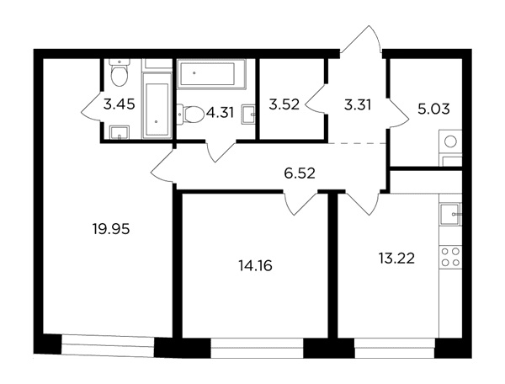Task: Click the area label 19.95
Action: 111,229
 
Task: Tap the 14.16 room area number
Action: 255,266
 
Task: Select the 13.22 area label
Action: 396,259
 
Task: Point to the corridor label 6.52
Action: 300,173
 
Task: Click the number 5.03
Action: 433,109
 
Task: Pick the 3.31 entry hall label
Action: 358,105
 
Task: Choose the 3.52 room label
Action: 284,104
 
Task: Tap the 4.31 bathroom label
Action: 221,113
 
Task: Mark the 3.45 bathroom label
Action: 119,104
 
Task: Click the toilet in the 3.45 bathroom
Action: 119,72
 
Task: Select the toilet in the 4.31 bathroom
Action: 191,114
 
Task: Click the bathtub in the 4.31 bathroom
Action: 211,73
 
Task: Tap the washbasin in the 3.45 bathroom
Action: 120,133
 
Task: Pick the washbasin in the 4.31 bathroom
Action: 249,114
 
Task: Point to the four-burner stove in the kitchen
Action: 450,257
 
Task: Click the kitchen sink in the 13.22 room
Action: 450,214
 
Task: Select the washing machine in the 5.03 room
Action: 450,141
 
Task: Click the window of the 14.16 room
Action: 257,348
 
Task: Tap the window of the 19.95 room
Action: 108,345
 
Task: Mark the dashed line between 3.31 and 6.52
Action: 358,142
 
